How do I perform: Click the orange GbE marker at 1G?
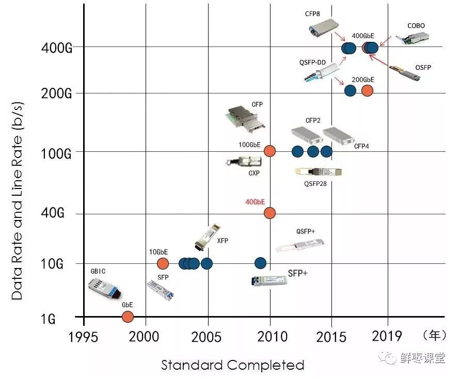(x=128, y=317)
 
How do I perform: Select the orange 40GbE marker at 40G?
(x=269, y=213)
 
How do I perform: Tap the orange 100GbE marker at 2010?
(x=269, y=151)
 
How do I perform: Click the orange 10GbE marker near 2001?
(x=163, y=263)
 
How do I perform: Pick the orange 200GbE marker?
(x=367, y=90)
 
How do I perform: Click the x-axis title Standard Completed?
(x=232, y=366)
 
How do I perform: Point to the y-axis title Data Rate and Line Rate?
(x=18, y=200)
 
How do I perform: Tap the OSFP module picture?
(x=405, y=73)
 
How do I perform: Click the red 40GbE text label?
(x=256, y=201)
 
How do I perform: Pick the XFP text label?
(x=223, y=241)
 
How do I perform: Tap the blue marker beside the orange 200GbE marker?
(x=350, y=90)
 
